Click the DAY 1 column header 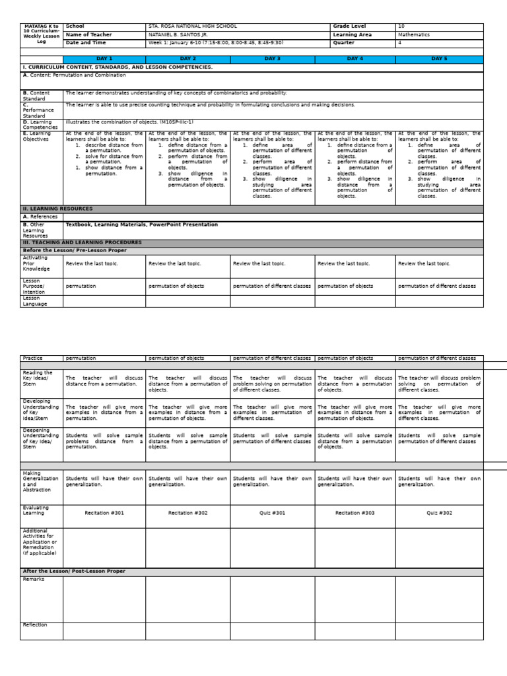click(104, 59)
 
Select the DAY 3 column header click(272, 59)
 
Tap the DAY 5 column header click(439, 59)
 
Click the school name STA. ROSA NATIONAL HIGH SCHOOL click(193, 26)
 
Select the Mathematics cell click(414, 34)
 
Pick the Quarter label click(344, 42)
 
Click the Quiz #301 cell click(272, 512)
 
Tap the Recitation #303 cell click(355, 512)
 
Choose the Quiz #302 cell click(439, 512)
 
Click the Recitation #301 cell click(104, 512)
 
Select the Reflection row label click(35, 625)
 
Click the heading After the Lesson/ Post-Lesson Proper click(74, 571)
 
